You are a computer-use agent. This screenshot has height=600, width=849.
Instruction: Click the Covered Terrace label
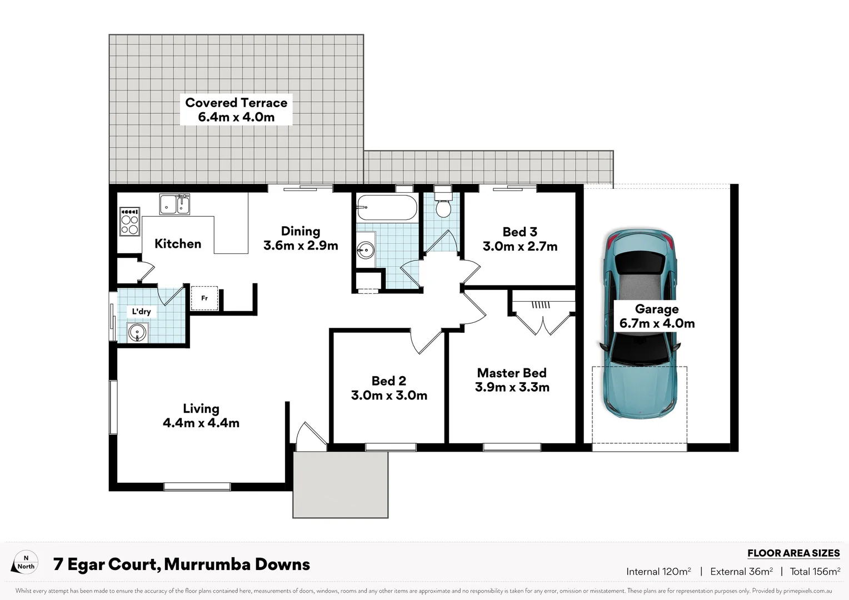click(236, 109)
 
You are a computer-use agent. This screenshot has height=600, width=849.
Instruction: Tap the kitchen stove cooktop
click(129, 222)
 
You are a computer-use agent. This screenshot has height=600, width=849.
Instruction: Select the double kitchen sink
click(175, 204)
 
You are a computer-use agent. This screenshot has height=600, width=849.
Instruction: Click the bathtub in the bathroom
click(387, 208)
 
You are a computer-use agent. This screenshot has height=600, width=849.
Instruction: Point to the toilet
click(443, 205)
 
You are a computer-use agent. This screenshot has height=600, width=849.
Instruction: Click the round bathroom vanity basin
click(366, 251)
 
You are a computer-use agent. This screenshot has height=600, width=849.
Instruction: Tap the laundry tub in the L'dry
click(137, 333)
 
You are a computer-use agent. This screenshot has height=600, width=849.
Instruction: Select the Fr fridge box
click(204, 298)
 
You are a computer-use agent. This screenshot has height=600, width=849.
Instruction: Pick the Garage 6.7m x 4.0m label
click(657, 316)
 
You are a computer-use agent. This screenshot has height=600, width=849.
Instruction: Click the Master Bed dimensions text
click(512, 387)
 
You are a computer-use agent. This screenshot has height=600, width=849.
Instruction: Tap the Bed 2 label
click(389, 381)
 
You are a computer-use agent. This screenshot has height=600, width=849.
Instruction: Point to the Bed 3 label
click(520, 232)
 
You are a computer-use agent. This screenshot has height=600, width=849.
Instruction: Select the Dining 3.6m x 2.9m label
click(301, 238)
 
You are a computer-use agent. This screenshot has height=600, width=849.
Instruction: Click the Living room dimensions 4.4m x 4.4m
click(201, 423)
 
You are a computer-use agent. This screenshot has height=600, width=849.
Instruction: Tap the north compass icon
click(25, 563)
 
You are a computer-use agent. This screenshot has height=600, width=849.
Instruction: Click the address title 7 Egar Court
click(182, 564)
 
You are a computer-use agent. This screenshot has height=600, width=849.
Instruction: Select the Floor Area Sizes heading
click(793, 553)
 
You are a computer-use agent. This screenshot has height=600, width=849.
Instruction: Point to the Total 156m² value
click(815, 572)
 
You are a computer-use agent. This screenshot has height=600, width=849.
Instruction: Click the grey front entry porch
click(341, 484)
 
